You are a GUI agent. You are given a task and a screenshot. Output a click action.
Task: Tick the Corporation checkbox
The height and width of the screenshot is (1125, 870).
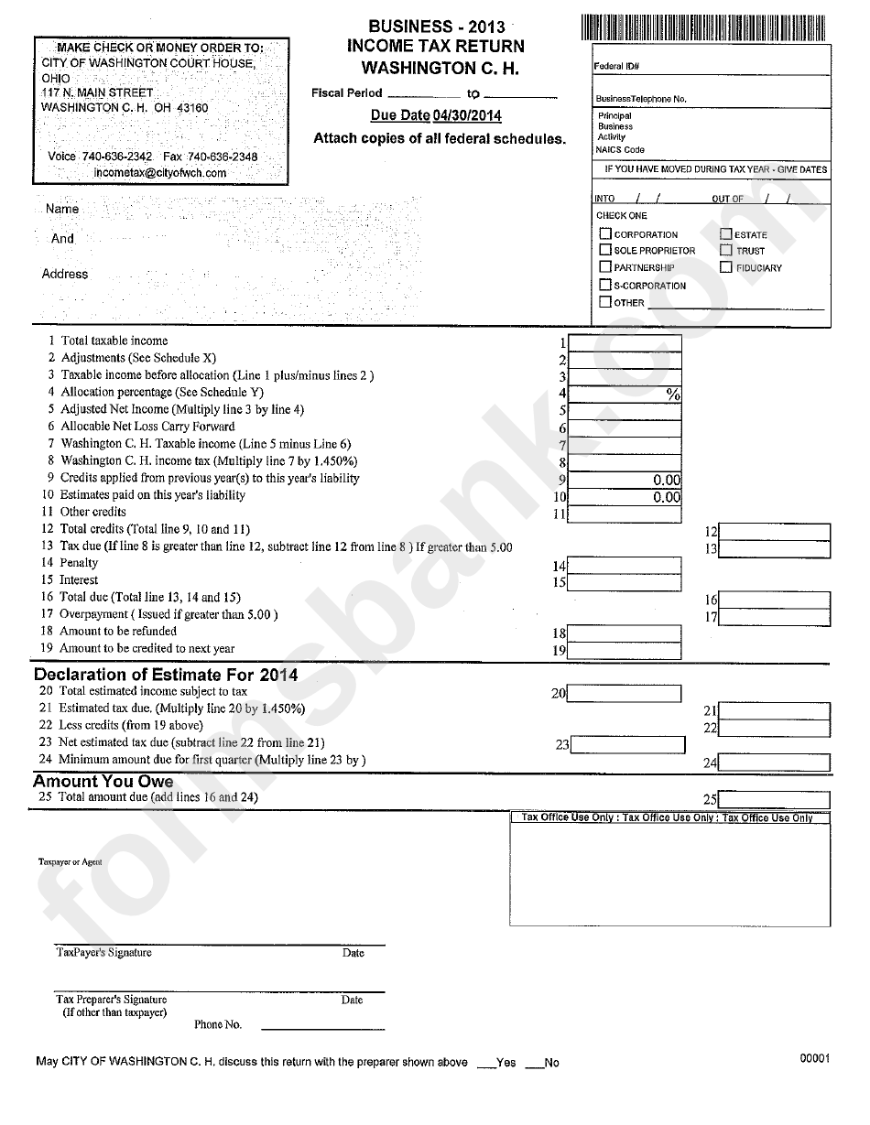[605, 234]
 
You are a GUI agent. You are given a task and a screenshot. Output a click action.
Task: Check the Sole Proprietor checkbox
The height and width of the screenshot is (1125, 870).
[605, 250]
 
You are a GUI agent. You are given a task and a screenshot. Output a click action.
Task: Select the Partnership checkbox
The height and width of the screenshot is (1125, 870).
[605, 267]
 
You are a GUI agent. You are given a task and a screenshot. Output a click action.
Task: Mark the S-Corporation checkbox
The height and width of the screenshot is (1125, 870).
[605, 285]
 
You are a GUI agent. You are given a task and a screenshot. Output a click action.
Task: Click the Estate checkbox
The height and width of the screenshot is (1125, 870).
[726, 234]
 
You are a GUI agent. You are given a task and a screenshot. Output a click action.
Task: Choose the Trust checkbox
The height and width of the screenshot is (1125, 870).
[726, 250]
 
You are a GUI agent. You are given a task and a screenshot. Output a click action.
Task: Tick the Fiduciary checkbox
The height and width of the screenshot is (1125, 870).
[726, 267]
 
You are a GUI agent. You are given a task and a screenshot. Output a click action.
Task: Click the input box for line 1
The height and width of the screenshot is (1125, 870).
[625, 342]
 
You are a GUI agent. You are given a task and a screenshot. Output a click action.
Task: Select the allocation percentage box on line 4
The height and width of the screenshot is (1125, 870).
[625, 395]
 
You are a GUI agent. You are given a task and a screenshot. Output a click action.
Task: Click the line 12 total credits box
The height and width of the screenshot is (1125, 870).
[775, 532]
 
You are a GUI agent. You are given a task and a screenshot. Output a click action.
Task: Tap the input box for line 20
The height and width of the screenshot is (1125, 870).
[625, 693]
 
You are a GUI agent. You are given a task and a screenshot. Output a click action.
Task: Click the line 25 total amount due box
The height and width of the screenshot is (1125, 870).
[775, 799]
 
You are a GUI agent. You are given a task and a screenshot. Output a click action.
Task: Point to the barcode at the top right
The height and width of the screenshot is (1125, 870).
[705, 27]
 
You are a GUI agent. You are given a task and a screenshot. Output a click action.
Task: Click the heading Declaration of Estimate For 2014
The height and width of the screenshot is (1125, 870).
[166, 675]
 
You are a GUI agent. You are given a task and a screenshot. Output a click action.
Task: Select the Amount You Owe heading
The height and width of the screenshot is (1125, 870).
[103, 781]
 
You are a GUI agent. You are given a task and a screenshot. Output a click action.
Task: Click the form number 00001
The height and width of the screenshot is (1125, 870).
[814, 1058]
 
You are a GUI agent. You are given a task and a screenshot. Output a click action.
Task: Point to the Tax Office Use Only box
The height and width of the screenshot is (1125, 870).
[670, 870]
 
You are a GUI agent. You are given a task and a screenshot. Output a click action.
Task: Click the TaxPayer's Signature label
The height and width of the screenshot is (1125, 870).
[104, 953]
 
